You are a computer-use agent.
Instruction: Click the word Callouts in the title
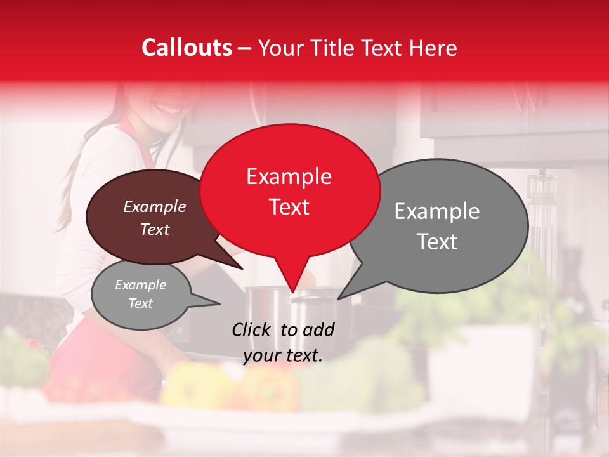tap(187, 48)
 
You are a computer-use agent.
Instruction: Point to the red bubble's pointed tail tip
tap(292, 293)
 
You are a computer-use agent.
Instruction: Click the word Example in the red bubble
tap(289, 176)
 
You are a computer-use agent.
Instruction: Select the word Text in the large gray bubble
tap(438, 241)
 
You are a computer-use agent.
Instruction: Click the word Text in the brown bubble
tap(155, 230)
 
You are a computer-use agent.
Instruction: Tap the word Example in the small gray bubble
tap(140, 285)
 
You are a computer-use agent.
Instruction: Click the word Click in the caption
tap(252, 329)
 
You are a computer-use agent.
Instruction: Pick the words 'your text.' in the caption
tap(283, 355)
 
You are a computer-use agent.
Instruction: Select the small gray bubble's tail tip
tap(219, 303)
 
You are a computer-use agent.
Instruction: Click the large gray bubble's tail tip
tap(338, 298)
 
